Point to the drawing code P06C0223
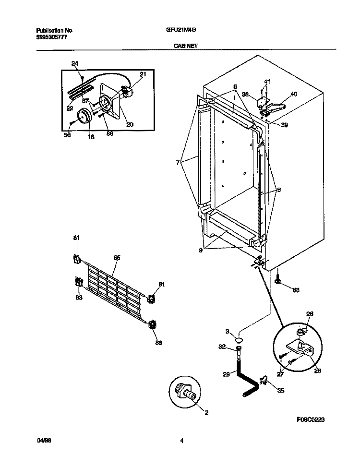311,419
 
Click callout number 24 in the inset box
74,64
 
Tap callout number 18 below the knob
91,137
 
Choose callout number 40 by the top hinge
294,94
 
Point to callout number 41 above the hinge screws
267,81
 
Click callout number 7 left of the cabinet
179,163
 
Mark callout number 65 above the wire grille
117,258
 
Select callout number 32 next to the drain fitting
222,347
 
